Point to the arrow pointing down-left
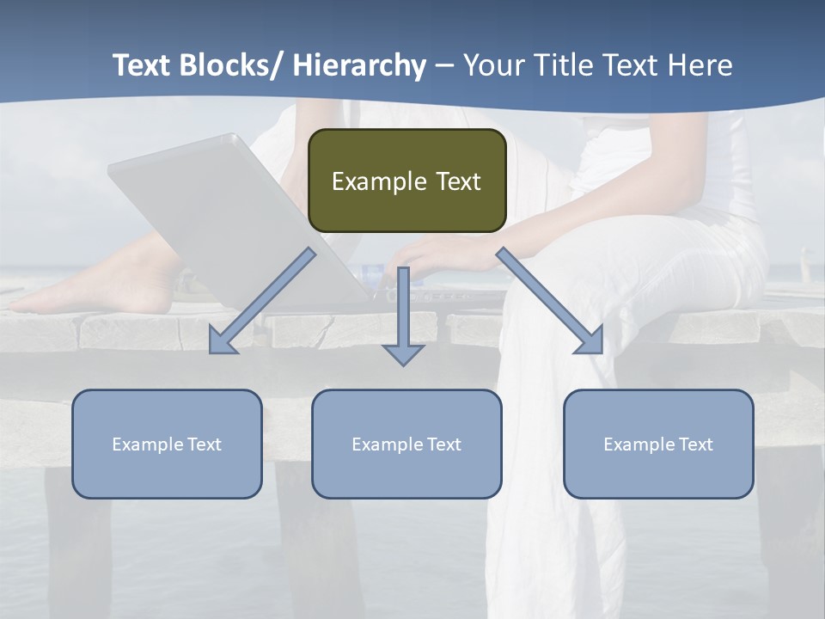(x=262, y=301)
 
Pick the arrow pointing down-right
(x=550, y=301)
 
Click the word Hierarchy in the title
(x=358, y=65)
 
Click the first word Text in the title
(x=143, y=65)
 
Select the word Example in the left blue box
(x=147, y=444)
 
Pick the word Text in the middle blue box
(x=442, y=444)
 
